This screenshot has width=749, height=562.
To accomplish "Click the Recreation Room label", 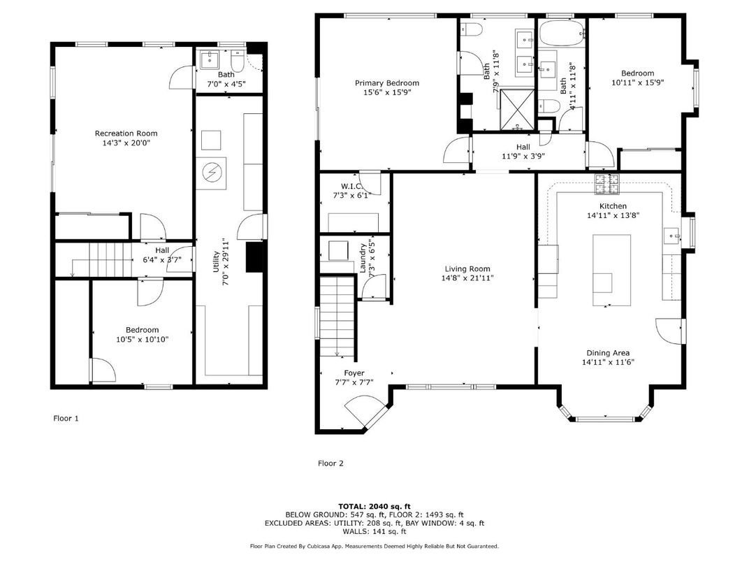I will [x=126, y=133].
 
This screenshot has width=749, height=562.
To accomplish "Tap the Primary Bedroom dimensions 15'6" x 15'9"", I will [x=386, y=92].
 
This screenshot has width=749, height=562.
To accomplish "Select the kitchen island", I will [x=611, y=270].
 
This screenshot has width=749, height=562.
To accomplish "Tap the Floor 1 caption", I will [x=66, y=419].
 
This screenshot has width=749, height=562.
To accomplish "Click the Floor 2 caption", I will [x=330, y=463].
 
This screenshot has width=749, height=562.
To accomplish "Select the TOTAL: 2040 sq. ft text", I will [x=374, y=505].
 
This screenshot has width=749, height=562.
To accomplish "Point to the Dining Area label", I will [x=608, y=353].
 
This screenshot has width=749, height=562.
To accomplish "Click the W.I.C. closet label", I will [x=349, y=186].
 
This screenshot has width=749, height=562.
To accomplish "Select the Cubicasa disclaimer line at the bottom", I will [x=374, y=546].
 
